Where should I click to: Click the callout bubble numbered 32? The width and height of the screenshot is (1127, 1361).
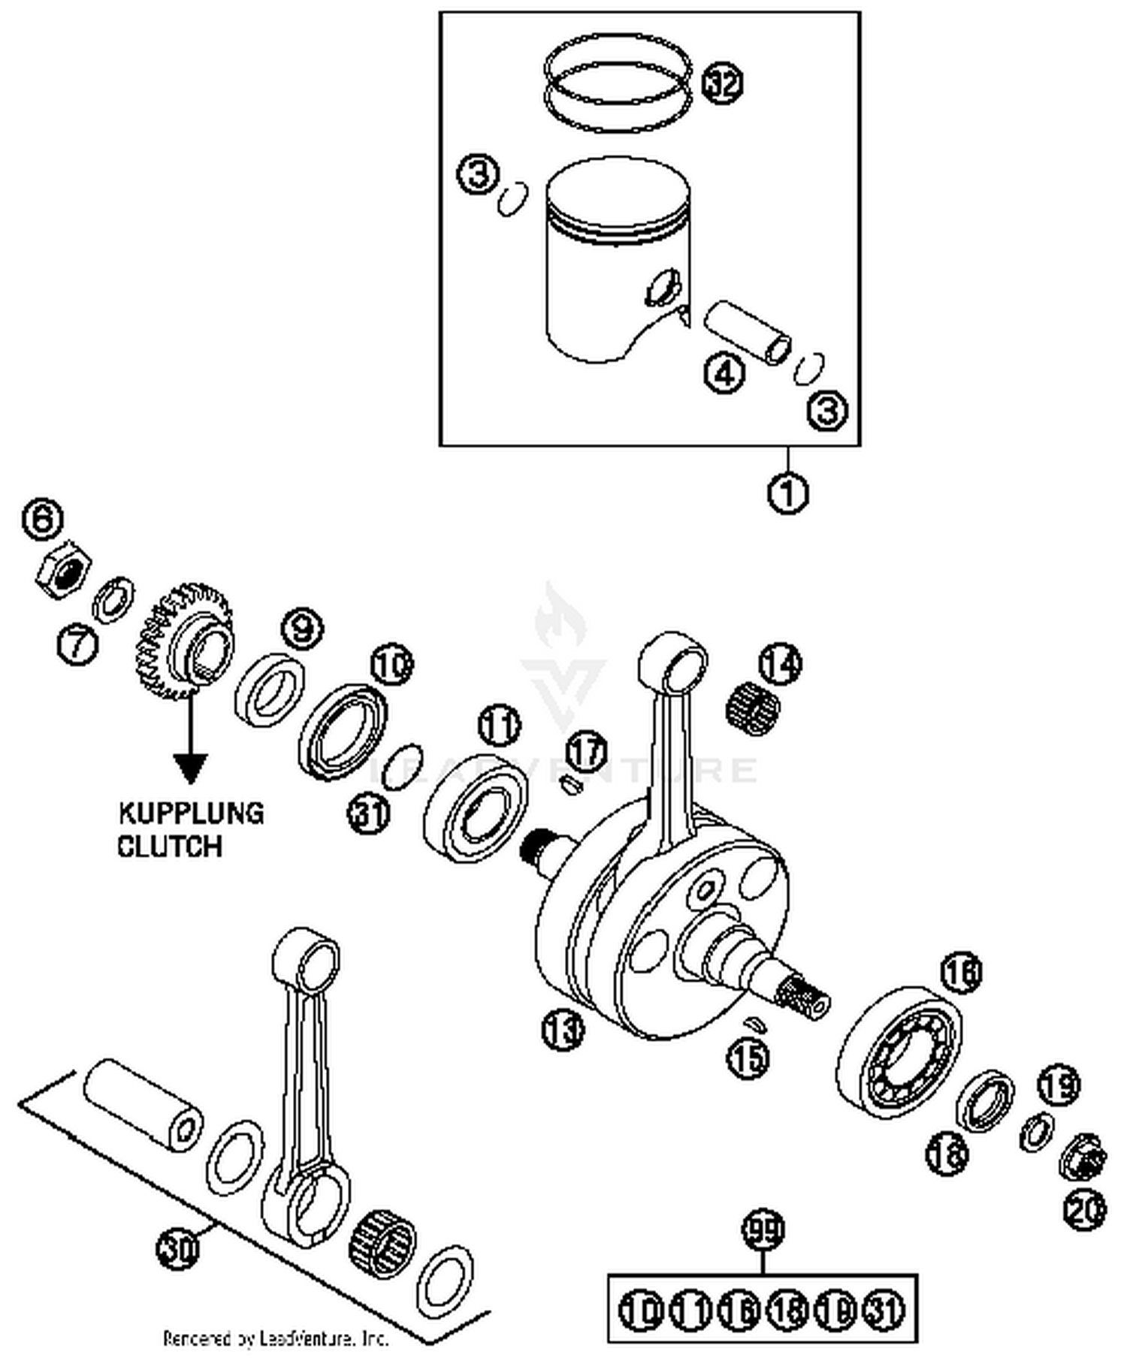click(x=722, y=83)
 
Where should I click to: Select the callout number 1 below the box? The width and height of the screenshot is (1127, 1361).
click(x=787, y=493)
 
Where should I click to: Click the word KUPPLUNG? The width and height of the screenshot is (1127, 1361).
click(x=192, y=814)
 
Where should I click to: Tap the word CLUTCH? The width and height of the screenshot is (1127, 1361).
click(x=170, y=846)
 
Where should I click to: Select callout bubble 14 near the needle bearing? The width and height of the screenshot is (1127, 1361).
click(x=781, y=662)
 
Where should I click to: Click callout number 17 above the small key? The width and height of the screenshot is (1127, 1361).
click(x=586, y=750)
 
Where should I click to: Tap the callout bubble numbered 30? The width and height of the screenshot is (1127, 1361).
click(x=178, y=1248)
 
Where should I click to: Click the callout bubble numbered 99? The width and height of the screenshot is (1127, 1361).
click(x=763, y=1230)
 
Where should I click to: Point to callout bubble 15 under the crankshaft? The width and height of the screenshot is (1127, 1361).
click(x=748, y=1057)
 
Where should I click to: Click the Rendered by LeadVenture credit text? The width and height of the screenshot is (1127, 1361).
click(x=276, y=1339)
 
